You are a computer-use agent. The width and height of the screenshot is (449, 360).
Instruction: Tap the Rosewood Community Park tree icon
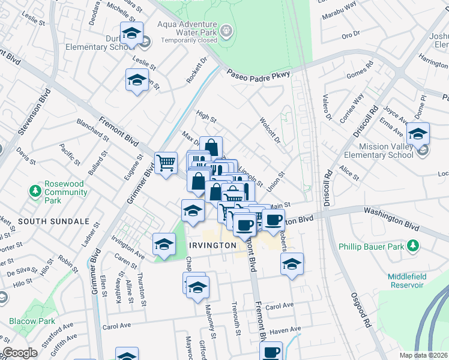[x=35, y=191]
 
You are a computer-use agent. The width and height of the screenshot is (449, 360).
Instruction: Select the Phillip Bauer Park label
[x=370, y=245]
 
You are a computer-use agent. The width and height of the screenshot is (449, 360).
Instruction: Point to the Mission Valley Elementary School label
[x=385, y=150]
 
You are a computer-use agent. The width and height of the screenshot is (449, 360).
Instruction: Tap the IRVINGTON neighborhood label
[x=212, y=245]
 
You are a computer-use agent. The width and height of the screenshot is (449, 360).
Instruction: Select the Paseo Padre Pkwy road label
[x=258, y=74]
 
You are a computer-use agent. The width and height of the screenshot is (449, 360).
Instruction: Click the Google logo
[x=20, y=353]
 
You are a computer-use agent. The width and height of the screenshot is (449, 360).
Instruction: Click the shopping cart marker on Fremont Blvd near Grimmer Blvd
[x=166, y=162]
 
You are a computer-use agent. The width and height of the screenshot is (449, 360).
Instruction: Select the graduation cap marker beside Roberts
[x=292, y=263]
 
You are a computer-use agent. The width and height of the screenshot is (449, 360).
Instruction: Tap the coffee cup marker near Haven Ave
[x=271, y=350]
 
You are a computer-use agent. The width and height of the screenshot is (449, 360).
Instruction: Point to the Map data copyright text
[x=424, y=355]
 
